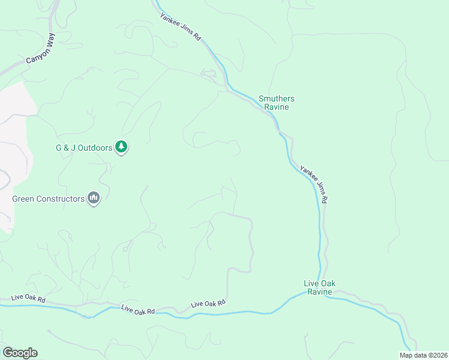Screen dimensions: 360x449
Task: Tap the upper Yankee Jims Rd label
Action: [181, 27]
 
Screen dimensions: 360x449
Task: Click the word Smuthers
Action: [276, 98]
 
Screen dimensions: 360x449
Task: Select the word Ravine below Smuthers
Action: [277, 107]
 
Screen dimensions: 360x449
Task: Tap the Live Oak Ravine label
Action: [318, 287]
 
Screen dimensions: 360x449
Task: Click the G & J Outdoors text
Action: [84, 148]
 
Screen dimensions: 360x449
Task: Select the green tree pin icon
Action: [122, 146]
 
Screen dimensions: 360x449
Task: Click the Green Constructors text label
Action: [48, 199]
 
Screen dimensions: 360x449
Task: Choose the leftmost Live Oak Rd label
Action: [28, 299]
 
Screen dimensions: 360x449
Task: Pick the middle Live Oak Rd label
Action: [138, 310]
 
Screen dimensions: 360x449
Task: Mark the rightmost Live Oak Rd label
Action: [208, 304]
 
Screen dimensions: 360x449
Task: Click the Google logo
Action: [20, 353]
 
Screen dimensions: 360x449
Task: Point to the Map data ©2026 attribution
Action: [423, 355]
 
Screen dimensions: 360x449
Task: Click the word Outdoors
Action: [95, 148]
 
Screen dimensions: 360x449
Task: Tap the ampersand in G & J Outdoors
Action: [67, 148]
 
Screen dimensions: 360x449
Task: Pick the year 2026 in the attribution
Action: [438, 355]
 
